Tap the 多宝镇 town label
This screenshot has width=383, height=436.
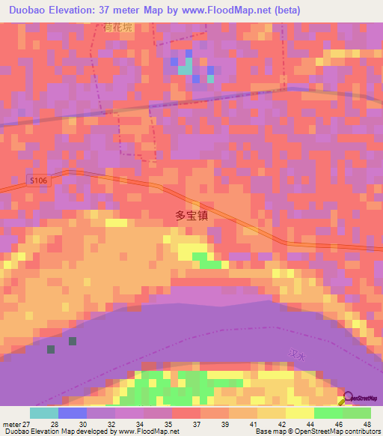click(x=191, y=214)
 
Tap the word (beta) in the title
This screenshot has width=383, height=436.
click(x=284, y=10)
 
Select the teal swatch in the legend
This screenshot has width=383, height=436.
click(x=44, y=413)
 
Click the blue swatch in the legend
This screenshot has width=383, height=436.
click(x=73, y=413)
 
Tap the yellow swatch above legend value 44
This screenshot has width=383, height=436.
click(x=300, y=413)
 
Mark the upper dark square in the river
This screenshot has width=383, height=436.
click(x=73, y=341)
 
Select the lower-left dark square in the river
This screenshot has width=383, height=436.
click(x=51, y=349)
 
